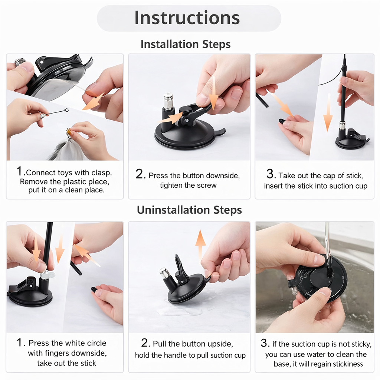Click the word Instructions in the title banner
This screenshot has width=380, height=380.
coord(187,18)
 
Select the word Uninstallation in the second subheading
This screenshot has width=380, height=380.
coord(173,210)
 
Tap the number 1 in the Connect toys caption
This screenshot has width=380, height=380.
coord(19,171)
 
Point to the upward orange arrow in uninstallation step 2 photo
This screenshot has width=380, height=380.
coord(200,245)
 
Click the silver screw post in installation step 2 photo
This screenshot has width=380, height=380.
coord(168,101)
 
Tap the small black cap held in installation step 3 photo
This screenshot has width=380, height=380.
coord(283,121)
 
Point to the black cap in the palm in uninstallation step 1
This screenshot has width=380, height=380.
coord(95,289)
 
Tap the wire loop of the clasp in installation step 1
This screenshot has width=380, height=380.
coord(66,111)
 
